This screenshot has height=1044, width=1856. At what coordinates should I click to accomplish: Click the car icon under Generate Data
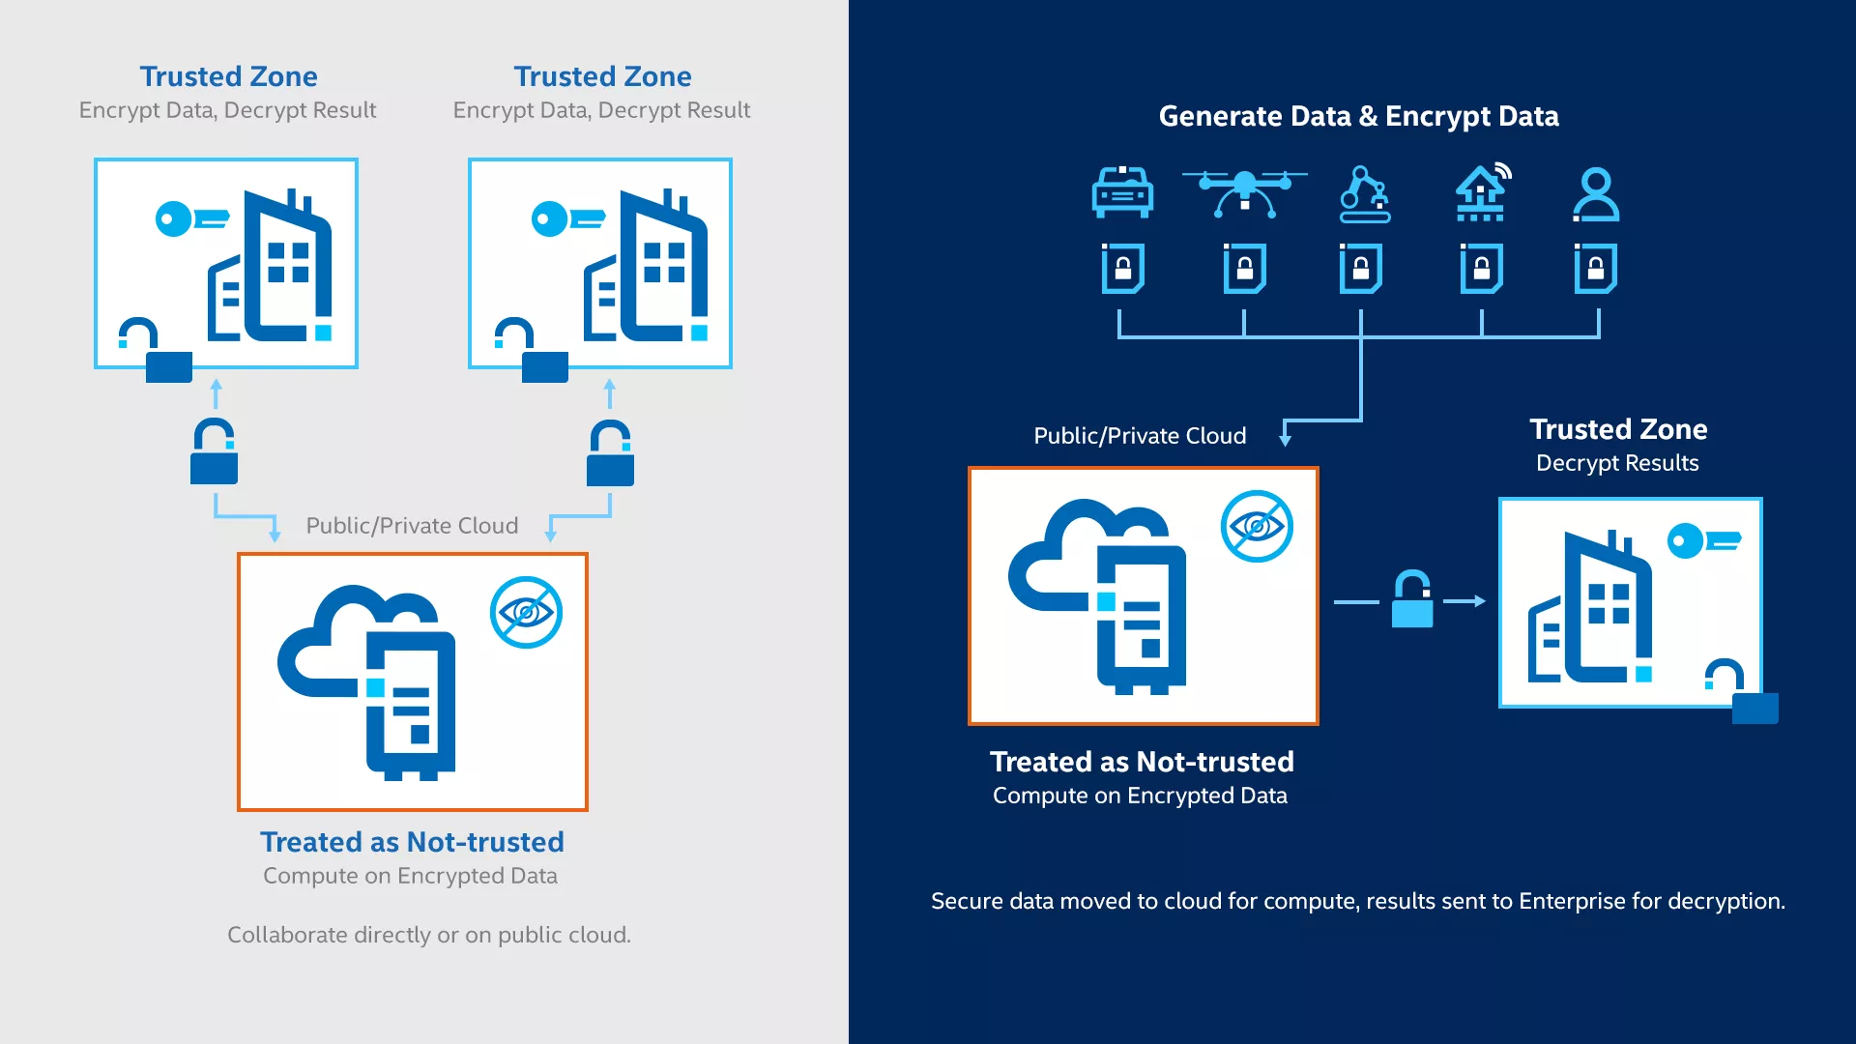(1122, 192)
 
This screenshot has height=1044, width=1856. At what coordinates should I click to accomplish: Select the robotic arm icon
(1364, 194)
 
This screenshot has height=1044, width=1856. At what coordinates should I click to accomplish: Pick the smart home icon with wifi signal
(1482, 192)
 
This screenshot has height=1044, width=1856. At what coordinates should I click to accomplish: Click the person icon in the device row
(1595, 194)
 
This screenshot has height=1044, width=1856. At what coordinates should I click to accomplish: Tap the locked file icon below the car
(1122, 268)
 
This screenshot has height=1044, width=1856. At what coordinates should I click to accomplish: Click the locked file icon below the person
(1595, 268)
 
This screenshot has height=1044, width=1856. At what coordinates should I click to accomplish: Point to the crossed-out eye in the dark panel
(1257, 527)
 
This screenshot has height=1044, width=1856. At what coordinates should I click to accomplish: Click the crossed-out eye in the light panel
(526, 613)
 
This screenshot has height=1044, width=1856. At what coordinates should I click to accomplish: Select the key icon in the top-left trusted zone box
(191, 218)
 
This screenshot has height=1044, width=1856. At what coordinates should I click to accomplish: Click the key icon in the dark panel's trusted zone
(1703, 540)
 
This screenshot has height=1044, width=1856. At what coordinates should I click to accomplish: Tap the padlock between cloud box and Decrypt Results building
(1411, 599)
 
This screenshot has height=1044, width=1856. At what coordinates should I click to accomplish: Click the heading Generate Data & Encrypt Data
(1358, 116)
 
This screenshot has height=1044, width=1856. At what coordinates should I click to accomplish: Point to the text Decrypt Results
(1617, 463)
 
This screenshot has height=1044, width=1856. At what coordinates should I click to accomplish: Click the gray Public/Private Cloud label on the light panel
(412, 526)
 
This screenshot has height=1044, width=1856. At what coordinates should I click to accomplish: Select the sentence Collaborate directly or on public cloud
(428, 935)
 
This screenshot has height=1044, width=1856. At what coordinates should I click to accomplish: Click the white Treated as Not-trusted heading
(1142, 762)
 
